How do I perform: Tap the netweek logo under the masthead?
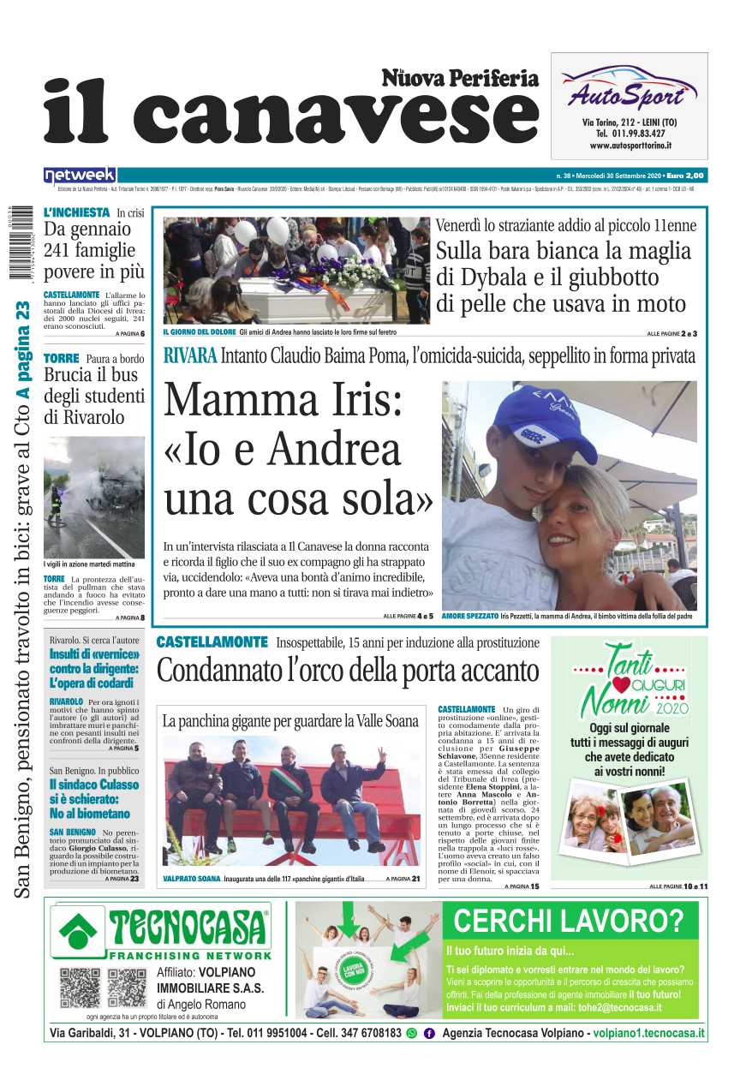[x=80, y=175]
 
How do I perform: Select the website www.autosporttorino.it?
[x=630, y=146]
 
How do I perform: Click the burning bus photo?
[x=94, y=497]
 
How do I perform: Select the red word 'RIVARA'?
[x=189, y=355]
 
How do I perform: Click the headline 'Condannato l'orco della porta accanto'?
[x=347, y=671]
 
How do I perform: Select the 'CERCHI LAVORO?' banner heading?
[x=569, y=922]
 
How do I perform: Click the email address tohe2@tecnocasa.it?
[x=623, y=1007]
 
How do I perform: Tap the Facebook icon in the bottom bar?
[x=429, y=1034]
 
